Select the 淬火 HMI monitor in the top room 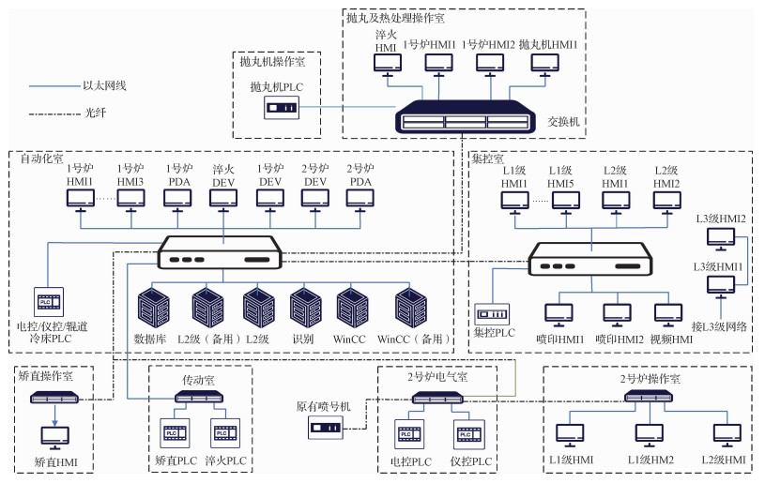pos(386,64)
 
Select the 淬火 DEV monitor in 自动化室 pos(223,199)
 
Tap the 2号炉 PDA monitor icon pos(360,199)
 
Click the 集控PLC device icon pos(492,312)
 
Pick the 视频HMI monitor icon pos(667,313)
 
